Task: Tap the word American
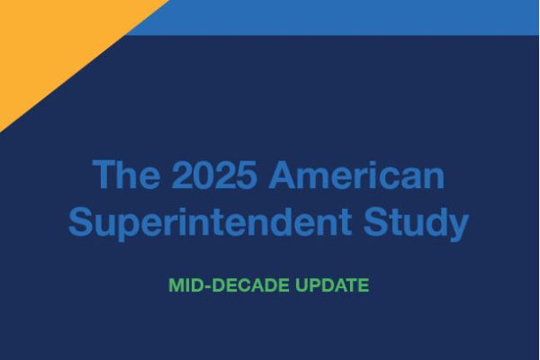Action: (357, 175)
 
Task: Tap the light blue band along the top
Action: (360, 16)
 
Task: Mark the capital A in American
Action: (283, 175)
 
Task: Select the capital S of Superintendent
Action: (81, 222)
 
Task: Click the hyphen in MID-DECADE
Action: (202, 286)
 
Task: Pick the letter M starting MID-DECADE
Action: (175, 285)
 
